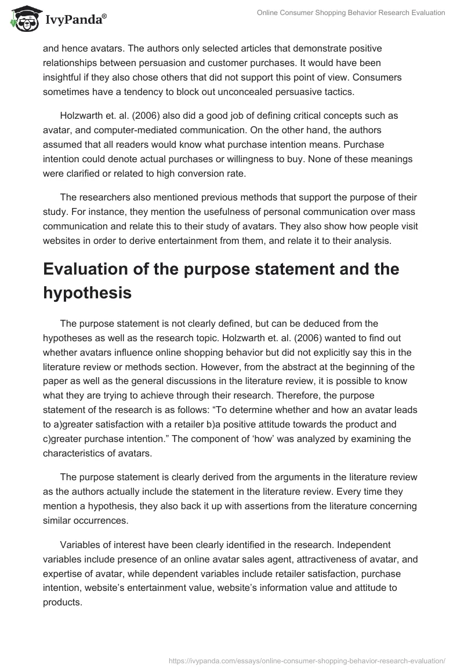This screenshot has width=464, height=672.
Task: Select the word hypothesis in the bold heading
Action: click(88, 293)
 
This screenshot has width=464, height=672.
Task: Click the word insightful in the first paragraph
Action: click(66, 77)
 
